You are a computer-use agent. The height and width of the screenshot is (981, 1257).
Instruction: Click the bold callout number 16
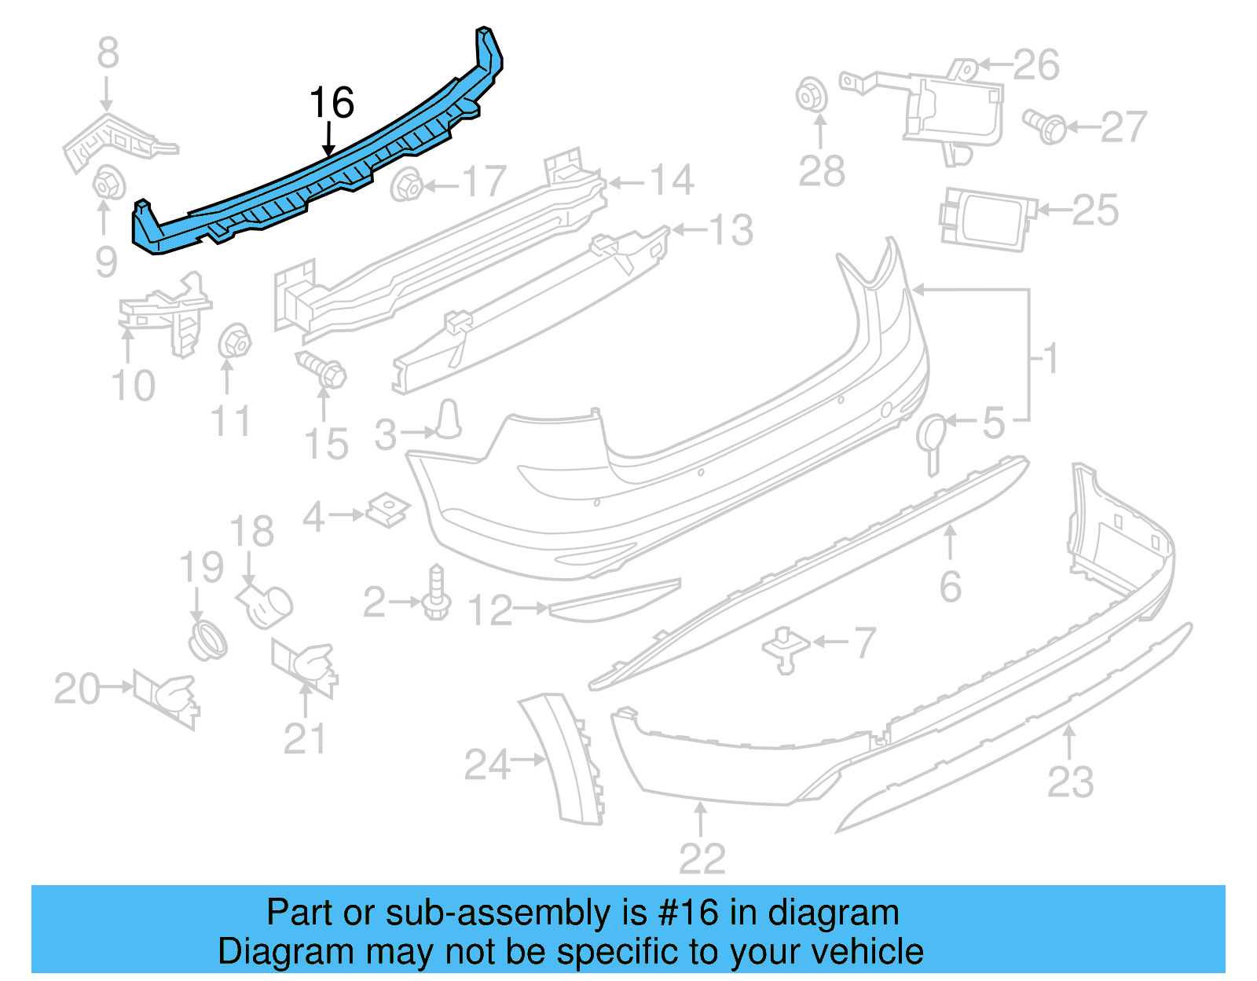(332, 103)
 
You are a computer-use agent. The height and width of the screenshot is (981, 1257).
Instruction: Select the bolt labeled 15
(322, 369)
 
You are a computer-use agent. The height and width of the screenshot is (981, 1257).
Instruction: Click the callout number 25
(1095, 210)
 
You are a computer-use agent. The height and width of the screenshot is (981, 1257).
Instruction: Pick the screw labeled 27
(1045, 126)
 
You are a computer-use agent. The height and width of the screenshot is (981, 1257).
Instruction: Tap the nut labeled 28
(810, 96)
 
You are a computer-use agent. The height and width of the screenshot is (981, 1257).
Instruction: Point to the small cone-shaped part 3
(449, 419)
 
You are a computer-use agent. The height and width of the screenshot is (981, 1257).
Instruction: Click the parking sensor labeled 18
(266, 605)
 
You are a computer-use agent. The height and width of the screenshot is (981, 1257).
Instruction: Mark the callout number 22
(702, 858)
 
